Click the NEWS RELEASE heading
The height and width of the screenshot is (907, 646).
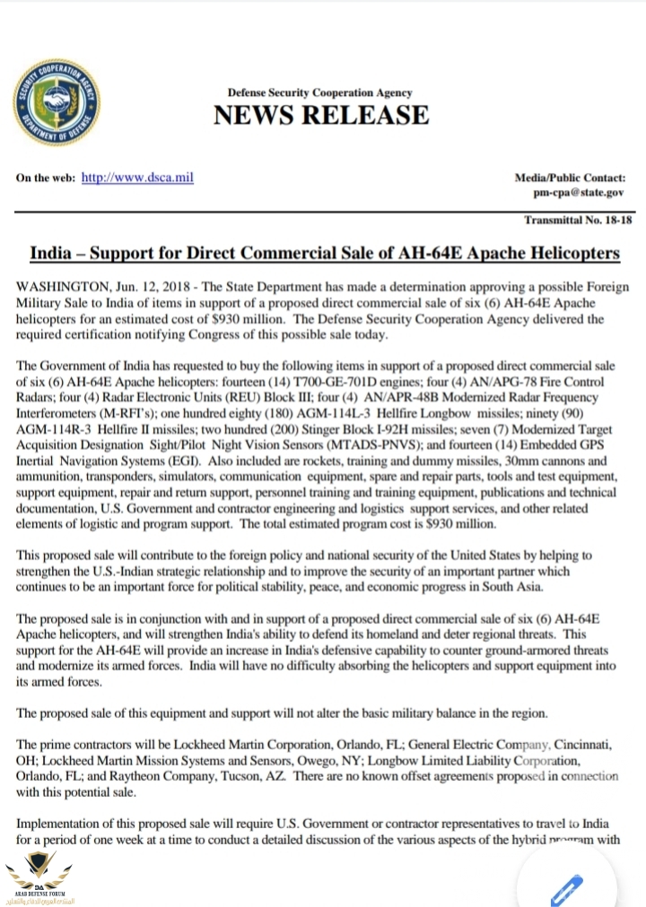pos(320,115)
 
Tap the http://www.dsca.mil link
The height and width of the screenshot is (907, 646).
pos(137,177)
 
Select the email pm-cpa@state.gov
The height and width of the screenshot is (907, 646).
pos(579,192)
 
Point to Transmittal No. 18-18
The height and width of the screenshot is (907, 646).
pos(578,220)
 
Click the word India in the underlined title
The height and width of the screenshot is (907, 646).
pos(52,253)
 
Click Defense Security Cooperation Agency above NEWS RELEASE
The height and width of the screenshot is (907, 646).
pos(319,92)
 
